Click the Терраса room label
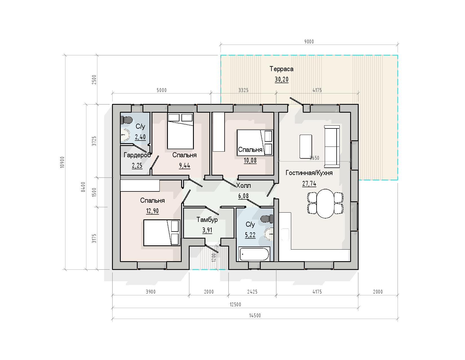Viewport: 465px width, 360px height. point(281,69)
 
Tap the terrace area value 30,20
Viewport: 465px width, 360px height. point(281,79)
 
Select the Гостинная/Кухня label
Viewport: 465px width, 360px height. point(309,173)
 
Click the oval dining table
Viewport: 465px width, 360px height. point(325,203)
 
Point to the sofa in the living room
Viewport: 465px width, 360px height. point(332,147)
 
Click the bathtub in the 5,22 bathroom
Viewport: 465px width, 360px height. point(254,254)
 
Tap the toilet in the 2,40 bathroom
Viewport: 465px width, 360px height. point(126,120)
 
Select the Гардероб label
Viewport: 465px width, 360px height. point(137,155)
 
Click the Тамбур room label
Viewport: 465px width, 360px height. point(207,220)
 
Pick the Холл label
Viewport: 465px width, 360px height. point(243,185)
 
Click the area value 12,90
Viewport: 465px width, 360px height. point(152,211)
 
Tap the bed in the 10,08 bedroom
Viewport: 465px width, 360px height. point(255,143)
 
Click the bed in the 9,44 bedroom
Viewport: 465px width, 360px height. point(180,131)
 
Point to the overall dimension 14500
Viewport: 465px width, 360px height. point(255,315)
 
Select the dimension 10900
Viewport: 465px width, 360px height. point(62,162)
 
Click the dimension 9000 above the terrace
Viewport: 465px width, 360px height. point(309,42)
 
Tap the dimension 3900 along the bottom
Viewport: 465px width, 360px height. point(151,292)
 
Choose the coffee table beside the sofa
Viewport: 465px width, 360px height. point(306,147)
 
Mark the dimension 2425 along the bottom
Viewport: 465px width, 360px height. point(252,292)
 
